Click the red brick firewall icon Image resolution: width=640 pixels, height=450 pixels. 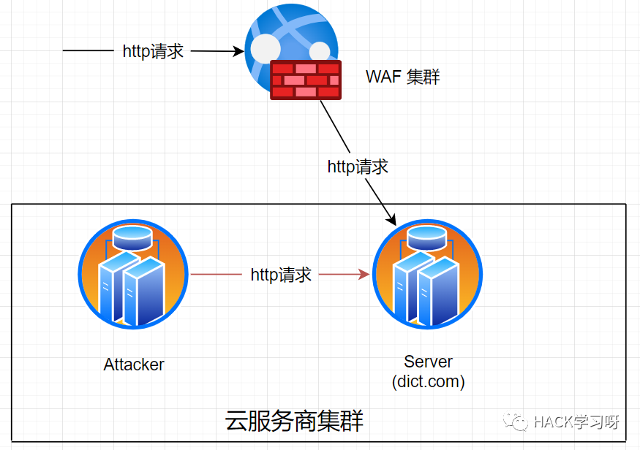click(306, 80)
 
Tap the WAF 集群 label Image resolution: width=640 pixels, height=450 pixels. click(403, 77)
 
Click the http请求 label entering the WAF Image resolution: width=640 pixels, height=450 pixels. click(153, 51)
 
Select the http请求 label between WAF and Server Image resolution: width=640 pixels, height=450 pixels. click(358, 167)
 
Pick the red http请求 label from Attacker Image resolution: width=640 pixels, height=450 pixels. click(282, 275)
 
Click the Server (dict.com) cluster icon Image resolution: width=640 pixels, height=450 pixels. click(427, 276)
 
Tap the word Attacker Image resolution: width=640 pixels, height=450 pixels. click(134, 365)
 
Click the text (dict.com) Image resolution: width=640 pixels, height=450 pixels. click(429, 381)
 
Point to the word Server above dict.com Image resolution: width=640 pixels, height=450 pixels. click(429, 362)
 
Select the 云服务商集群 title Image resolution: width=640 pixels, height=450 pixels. click(294, 421)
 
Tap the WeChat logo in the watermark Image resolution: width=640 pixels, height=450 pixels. click(520, 422)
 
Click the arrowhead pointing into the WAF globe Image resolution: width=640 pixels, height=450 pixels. click(238, 51)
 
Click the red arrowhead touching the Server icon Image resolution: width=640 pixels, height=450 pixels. click(364, 275)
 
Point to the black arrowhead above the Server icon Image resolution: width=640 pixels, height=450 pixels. click(392, 218)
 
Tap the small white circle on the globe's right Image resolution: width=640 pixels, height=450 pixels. click(320, 51)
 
